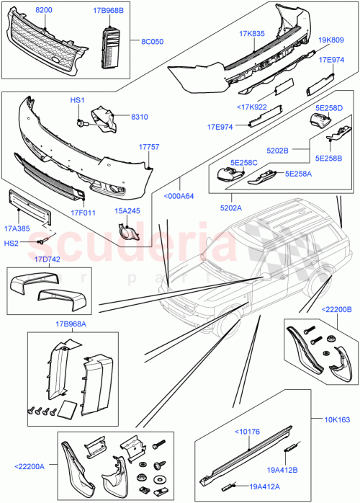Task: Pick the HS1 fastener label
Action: pyautogui.click(x=77, y=101)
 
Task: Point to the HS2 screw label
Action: pyautogui.click(x=13, y=244)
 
